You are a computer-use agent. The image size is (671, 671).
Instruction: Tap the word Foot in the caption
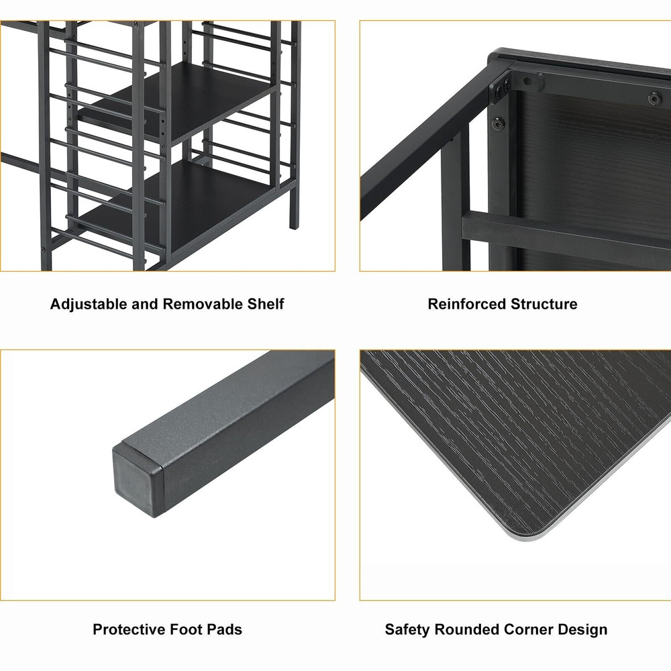point(186,629)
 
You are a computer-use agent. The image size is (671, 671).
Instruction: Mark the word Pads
point(225,629)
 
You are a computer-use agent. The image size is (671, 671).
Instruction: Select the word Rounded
point(467,629)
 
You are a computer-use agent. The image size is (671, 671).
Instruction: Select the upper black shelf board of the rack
point(180,103)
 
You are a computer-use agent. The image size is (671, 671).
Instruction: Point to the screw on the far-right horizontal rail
point(654,99)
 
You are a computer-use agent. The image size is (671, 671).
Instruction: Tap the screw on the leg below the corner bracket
point(498,124)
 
